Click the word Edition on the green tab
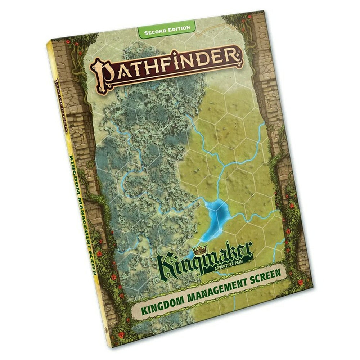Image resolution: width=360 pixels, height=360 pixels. (179, 28)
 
